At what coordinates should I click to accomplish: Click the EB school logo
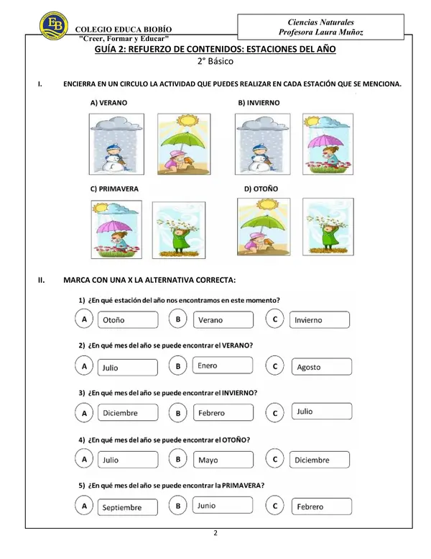point(54,25)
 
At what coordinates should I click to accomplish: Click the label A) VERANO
point(108,103)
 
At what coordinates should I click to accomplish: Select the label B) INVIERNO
point(259,103)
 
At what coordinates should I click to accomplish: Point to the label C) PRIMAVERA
point(114,189)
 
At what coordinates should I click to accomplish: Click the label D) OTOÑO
point(261,189)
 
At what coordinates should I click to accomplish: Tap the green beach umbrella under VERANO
point(184,140)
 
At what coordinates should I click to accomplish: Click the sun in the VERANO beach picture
point(187,119)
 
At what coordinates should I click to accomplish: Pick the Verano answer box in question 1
point(223,319)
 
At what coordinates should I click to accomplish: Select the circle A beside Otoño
point(84,319)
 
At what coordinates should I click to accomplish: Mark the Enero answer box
point(223,365)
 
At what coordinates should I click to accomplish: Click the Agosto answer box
point(321,367)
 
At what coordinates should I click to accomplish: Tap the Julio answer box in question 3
point(321,412)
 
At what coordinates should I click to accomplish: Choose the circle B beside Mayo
point(178,459)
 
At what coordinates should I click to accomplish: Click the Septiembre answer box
point(128,507)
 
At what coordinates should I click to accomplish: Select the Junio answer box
point(223,506)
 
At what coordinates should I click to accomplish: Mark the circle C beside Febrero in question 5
point(274,506)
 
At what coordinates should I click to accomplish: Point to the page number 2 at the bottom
point(215,533)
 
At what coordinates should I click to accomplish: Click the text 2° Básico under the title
point(215,61)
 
